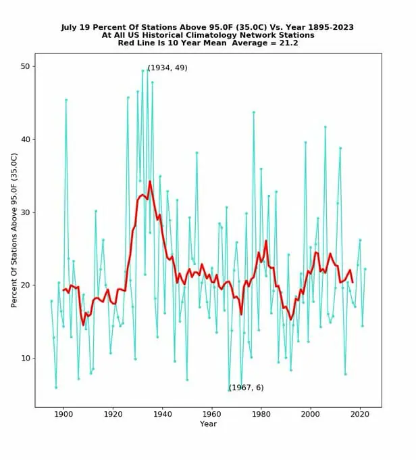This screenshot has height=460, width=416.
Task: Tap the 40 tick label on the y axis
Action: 25,139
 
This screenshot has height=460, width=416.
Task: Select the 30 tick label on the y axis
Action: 25,212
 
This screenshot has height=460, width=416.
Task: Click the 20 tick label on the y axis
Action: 25,285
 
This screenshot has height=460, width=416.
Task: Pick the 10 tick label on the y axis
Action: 25,358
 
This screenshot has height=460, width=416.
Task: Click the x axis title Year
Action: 208,424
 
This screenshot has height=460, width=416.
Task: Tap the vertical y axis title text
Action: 14,231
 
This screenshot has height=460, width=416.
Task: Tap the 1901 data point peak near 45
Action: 66,99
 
